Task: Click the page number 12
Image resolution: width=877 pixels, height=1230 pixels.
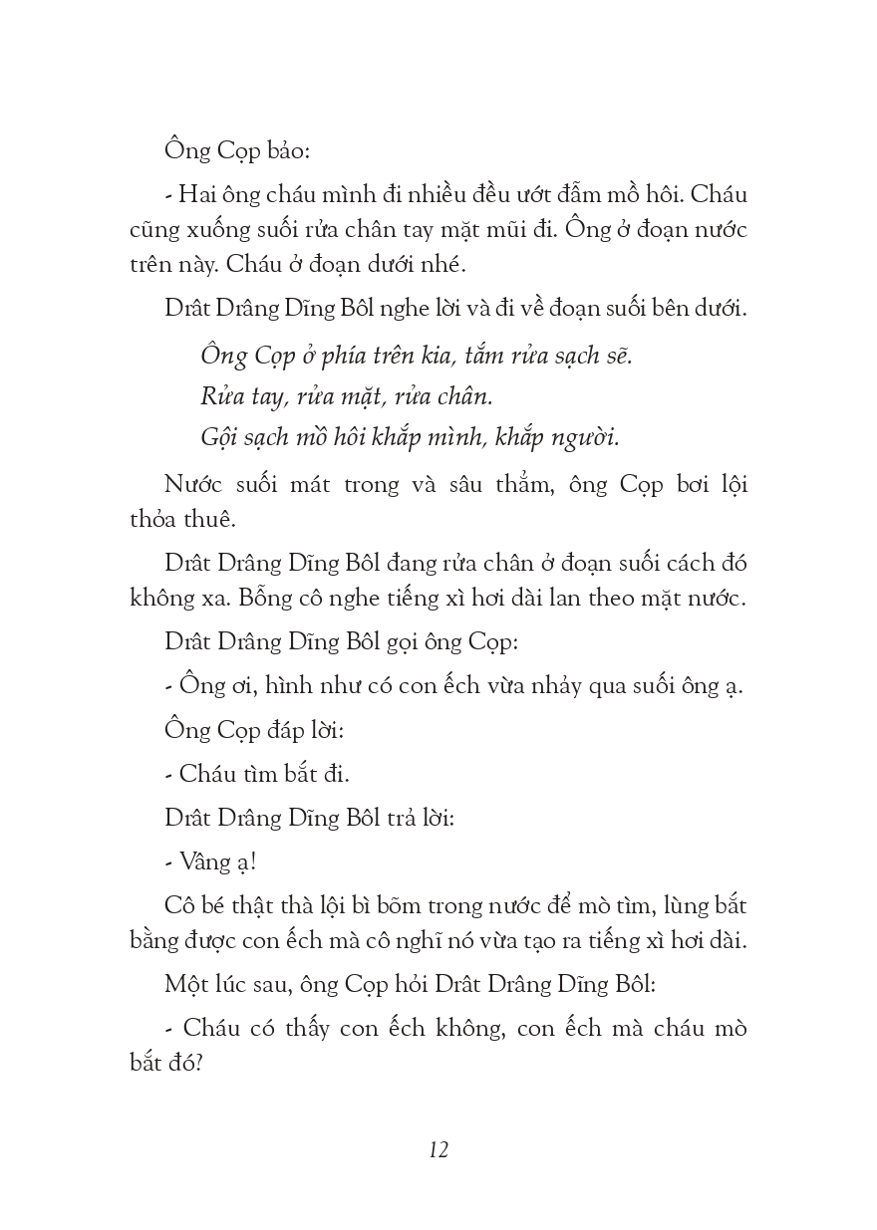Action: [438, 1149]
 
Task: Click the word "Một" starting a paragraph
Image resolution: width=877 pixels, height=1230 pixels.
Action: [191, 985]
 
